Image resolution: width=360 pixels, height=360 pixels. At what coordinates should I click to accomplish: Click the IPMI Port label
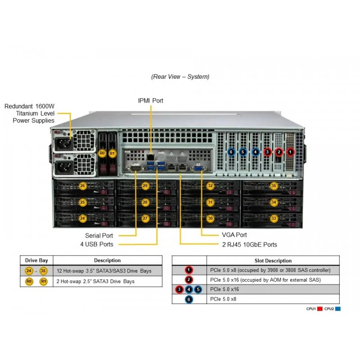pyautogui.click(x=150, y=100)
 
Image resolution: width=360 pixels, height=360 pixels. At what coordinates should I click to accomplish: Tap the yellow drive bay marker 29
pyautogui.click(x=145, y=186)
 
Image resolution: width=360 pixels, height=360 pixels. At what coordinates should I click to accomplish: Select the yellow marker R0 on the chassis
pyautogui.click(x=102, y=153)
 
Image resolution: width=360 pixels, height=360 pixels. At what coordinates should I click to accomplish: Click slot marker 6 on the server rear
pyautogui.click(x=231, y=152)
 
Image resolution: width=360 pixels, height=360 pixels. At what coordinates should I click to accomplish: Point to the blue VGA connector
pyautogui.click(x=198, y=168)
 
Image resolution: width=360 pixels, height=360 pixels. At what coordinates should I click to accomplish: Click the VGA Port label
pyautogui.click(x=234, y=235)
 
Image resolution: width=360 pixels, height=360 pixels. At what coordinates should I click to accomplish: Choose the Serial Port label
pyautogui.click(x=99, y=235)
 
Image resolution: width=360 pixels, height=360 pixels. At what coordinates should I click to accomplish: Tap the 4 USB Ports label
pyautogui.click(x=97, y=244)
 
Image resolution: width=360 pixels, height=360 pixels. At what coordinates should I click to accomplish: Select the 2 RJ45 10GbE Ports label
pyautogui.click(x=250, y=244)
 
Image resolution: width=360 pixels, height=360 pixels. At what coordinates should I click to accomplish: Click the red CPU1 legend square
pyautogui.click(x=320, y=309)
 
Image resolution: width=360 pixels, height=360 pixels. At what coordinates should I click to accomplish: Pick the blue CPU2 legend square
pyautogui.click(x=338, y=309)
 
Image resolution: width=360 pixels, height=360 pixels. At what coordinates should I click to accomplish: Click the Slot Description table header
pyautogui.click(x=273, y=261)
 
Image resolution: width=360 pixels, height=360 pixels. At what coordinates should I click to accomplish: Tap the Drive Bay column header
pyautogui.click(x=36, y=261)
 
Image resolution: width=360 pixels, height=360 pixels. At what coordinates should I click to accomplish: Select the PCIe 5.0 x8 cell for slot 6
pyautogui.click(x=223, y=299)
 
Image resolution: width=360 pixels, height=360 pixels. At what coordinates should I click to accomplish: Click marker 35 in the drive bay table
pyautogui.click(x=43, y=271)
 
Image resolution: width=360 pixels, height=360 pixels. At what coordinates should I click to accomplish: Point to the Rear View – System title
pyautogui.click(x=180, y=76)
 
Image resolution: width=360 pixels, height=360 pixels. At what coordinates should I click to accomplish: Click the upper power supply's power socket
pyautogui.click(x=63, y=144)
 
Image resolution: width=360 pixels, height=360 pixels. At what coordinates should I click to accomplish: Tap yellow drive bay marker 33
pyautogui.click(x=274, y=218)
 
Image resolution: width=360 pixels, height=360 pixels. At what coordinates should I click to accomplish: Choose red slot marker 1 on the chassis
pyautogui.click(x=290, y=152)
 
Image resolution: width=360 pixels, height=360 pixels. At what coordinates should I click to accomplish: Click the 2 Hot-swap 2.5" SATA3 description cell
pyautogui.click(x=95, y=281)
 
